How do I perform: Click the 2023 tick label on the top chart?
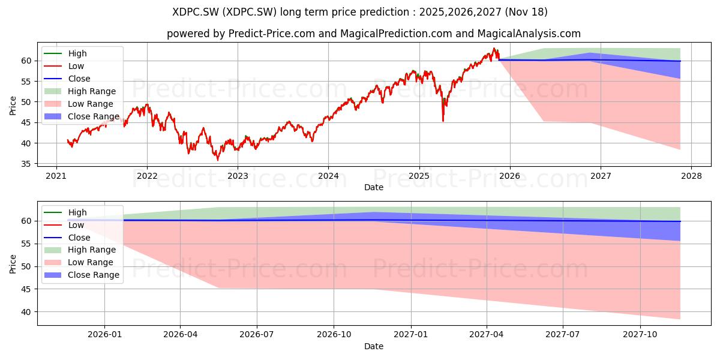click(238, 176)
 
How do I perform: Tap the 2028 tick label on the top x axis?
click(691, 176)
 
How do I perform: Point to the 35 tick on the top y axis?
click(26, 164)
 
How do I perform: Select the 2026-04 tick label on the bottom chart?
click(180, 334)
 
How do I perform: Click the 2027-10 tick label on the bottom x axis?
click(640, 334)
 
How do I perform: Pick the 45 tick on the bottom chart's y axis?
click(26, 289)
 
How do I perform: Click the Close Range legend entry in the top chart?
click(82, 116)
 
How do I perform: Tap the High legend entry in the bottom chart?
click(65, 212)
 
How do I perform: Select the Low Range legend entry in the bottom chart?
click(79, 262)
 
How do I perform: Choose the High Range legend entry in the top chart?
click(80, 91)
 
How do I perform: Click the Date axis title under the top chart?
click(374, 187)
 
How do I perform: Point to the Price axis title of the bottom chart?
click(13, 264)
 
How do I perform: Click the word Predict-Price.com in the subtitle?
click(272, 34)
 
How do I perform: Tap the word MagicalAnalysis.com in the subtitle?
click(529, 34)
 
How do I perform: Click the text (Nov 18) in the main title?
click(526, 12)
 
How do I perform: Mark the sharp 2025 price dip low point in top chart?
click(443, 121)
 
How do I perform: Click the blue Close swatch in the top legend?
click(53, 79)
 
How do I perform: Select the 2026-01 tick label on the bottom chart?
click(105, 334)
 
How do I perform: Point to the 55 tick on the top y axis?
click(26, 82)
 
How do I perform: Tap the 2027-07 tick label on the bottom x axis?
click(563, 334)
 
